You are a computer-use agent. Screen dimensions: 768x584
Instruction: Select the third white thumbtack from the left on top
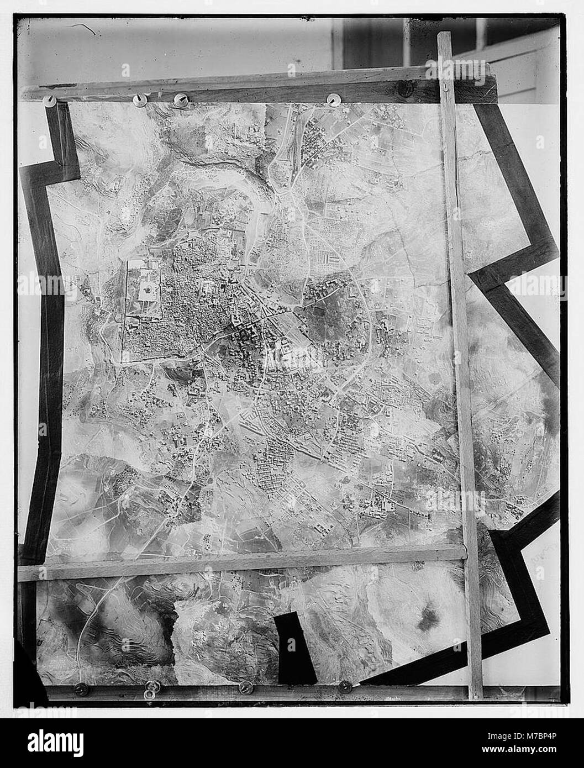[x=180, y=99]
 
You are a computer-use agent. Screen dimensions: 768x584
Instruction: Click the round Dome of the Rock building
[x=148, y=289]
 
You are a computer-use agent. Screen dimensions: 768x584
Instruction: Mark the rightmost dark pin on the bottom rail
[x=344, y=687]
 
